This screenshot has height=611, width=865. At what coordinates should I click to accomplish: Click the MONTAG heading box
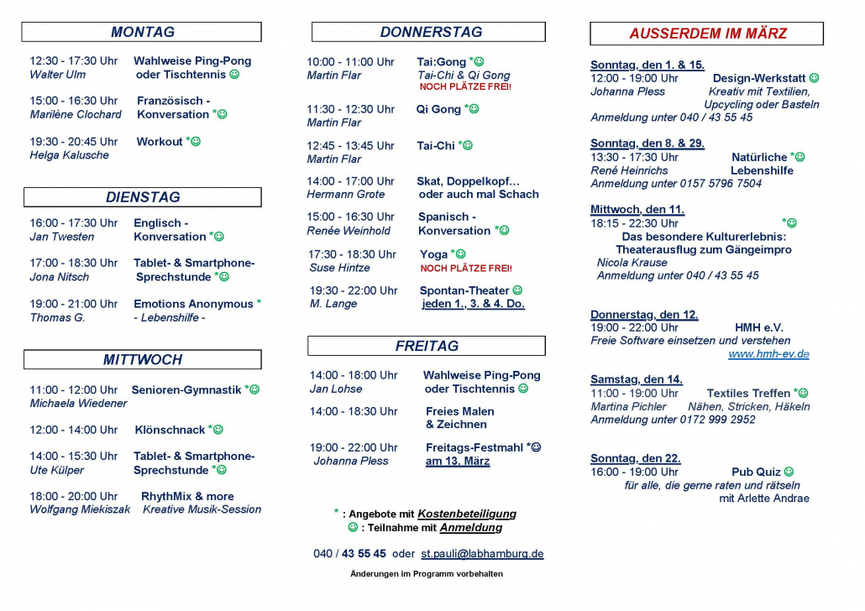click(142, 32)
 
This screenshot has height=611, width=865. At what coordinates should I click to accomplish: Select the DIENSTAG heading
click(142, 197)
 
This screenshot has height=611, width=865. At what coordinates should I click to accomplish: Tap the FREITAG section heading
click(427, 346)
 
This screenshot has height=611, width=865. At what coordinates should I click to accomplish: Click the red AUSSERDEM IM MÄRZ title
click(707, 34)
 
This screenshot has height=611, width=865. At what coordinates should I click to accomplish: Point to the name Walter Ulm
click(57, 75)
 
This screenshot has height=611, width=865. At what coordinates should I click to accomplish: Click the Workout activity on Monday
click(160, 142)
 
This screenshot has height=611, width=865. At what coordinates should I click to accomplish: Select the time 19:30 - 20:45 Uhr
click(74, 142)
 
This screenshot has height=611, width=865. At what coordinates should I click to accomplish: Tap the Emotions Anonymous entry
click(193, 304)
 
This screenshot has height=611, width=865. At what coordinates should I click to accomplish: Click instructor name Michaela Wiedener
click(78, 404)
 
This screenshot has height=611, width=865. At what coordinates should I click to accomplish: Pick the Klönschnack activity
click(170, 430)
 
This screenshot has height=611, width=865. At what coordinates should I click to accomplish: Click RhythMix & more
click(187, 496)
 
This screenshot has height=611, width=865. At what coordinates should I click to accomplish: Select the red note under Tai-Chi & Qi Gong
click(464, 87)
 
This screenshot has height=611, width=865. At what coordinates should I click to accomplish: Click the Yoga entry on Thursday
click(434, 254)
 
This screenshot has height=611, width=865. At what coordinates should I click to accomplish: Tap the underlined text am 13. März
click(458, 461)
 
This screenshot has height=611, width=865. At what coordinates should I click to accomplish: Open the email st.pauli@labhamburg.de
click(482, 554)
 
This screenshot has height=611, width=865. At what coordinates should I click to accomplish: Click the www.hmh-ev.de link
click(768, 354)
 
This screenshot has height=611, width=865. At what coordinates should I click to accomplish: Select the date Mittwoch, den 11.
click(637, 209)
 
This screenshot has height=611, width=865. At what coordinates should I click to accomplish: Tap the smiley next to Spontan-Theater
click(517, 290)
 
